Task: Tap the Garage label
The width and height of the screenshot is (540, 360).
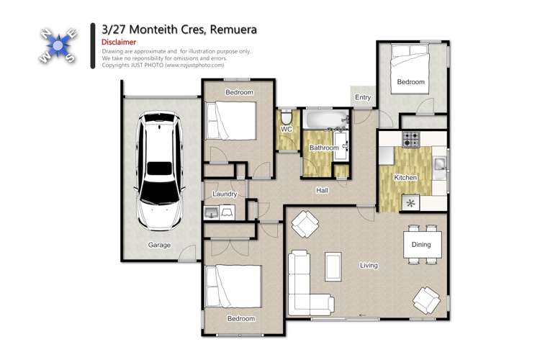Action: click(159, 246)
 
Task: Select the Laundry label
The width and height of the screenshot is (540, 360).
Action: click(225, 194)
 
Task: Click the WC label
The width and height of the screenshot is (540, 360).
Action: click(285, 129)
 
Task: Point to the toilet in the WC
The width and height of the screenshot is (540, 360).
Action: click(286, 117)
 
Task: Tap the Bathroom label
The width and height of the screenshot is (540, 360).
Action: click(323, 148)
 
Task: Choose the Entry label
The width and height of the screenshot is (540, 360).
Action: click(363, 98)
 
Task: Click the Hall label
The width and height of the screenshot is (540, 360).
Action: click(323, 190)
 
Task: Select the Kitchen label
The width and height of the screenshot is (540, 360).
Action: click(405, 177)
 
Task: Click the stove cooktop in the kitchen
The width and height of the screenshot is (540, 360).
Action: click(411, 138)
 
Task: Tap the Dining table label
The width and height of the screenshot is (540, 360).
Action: click(421, 244)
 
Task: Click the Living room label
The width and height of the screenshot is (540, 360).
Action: click(369, 266)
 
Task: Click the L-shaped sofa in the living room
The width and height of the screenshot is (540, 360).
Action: click(302, 284)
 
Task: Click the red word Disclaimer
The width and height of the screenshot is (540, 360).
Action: click(116, 42)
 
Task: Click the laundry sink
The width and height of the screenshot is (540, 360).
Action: click(211, 212)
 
